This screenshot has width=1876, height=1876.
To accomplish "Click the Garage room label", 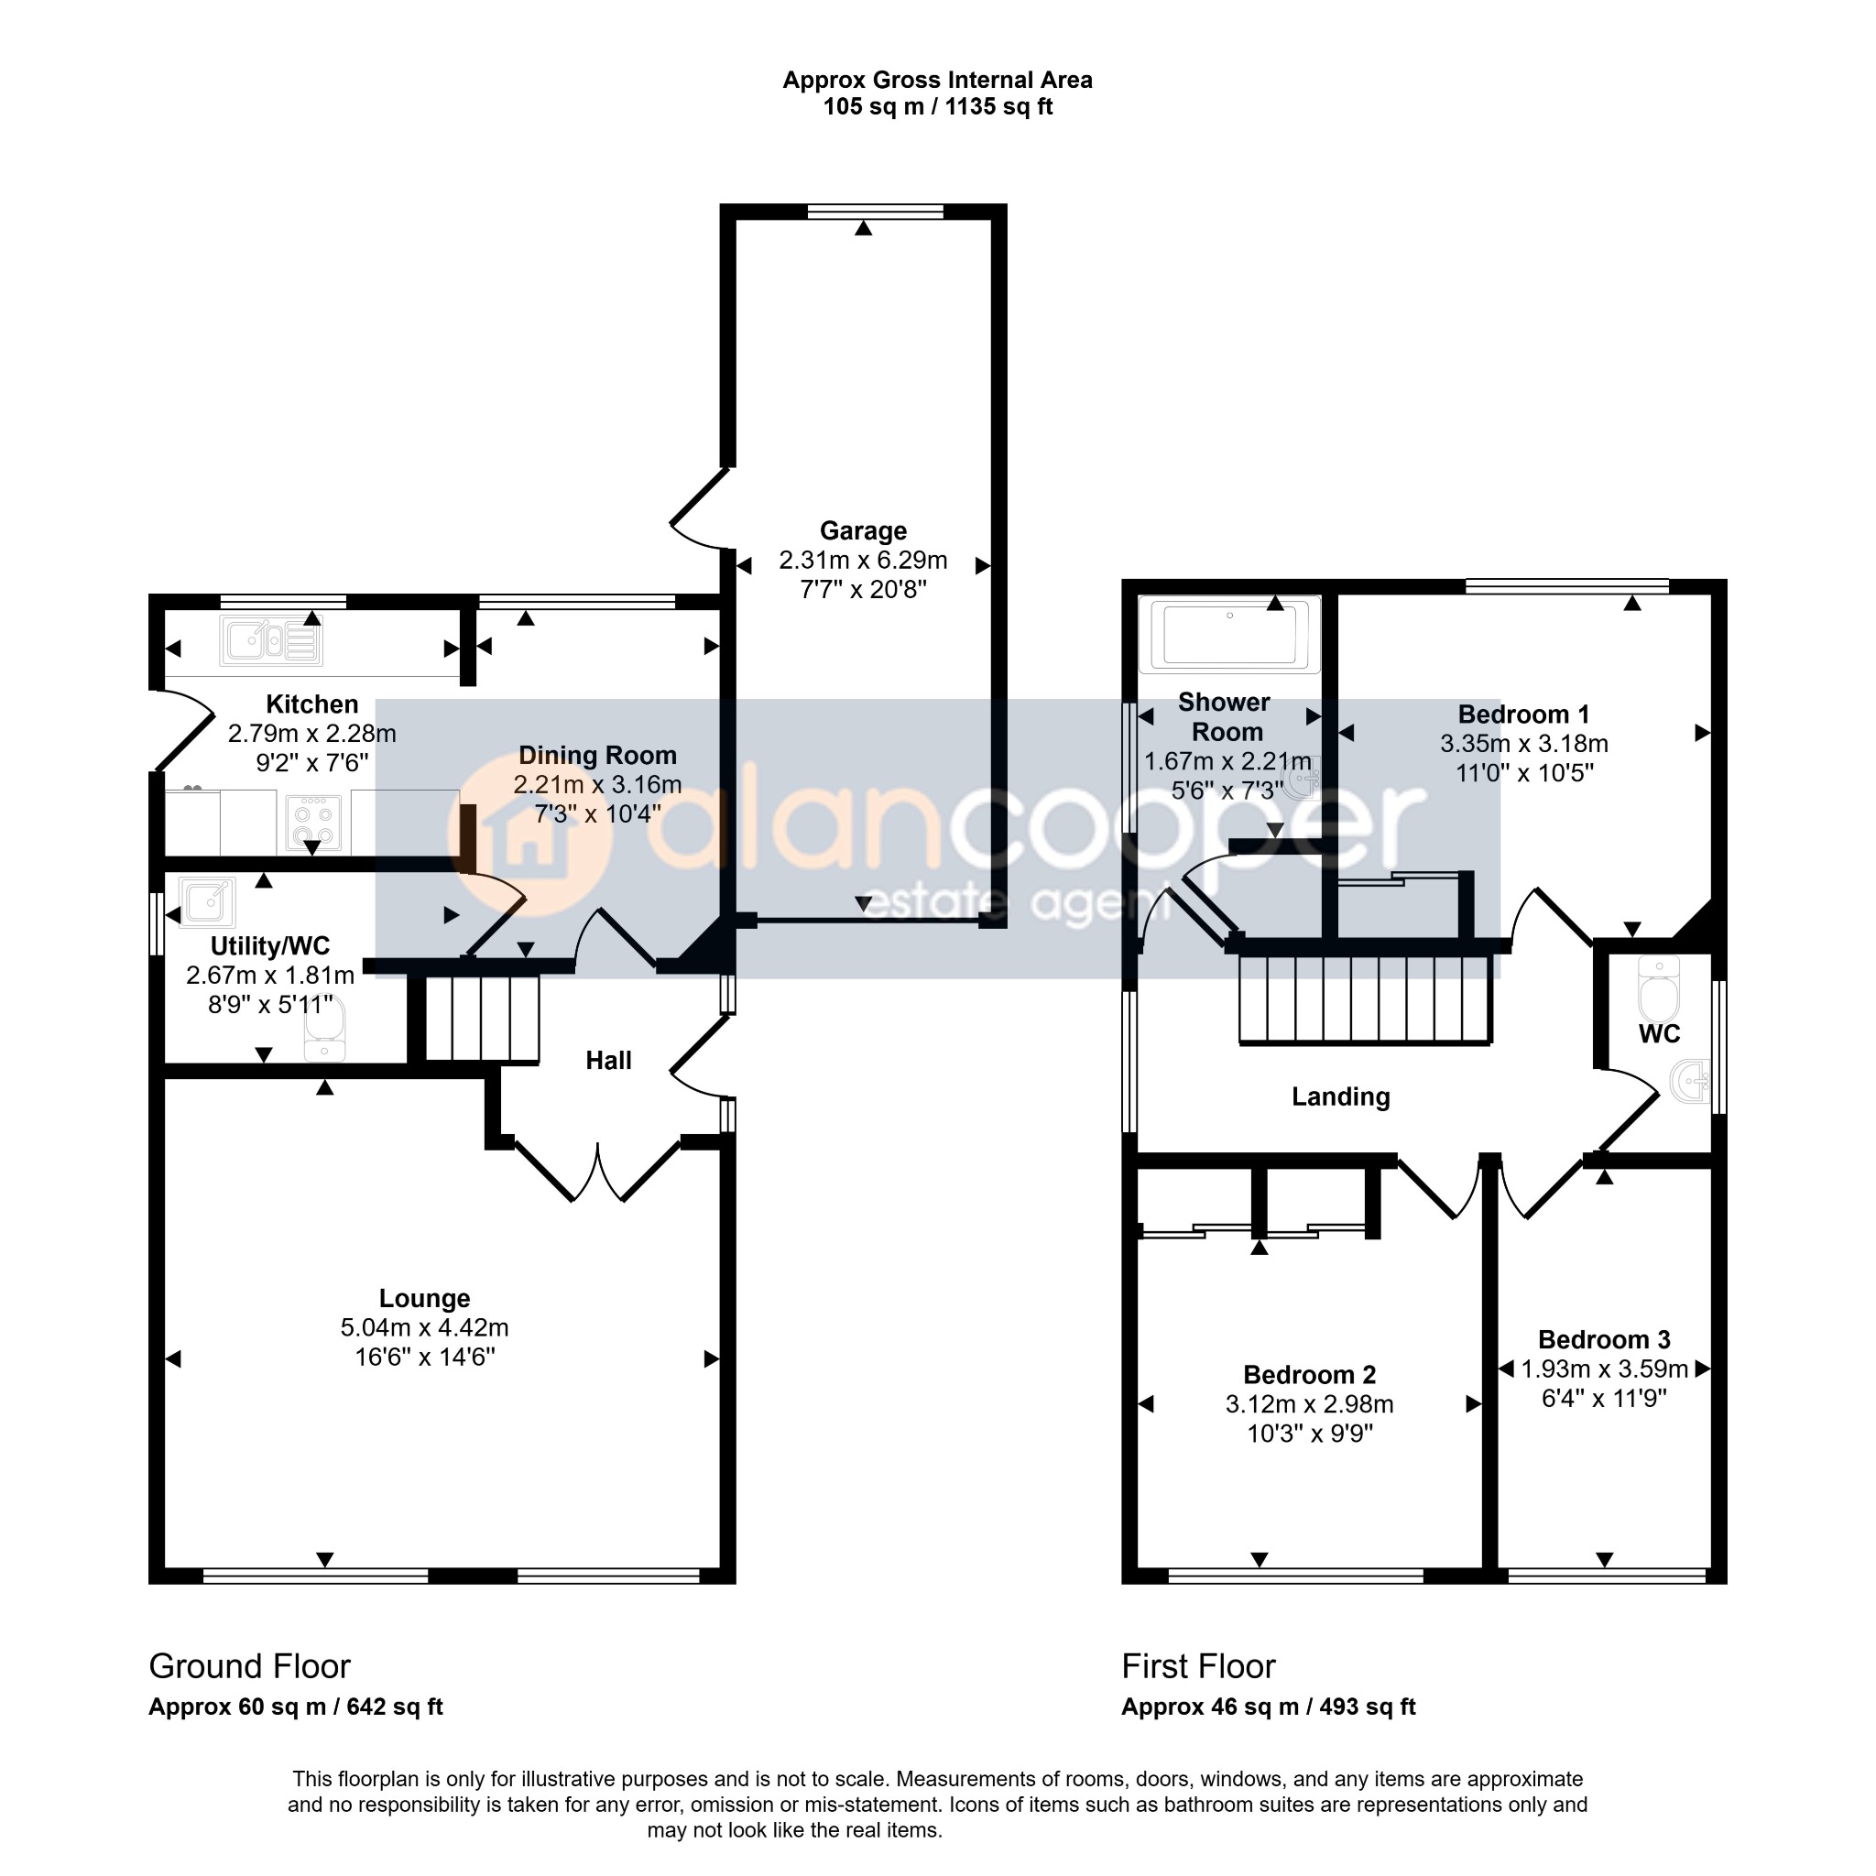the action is pyautogui.click(x=863, y=531).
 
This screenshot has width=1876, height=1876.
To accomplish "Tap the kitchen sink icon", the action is pyautogui.click(x=271, y=641).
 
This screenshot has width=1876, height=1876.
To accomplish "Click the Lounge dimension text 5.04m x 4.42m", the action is pyautogui.click(x=424, y=1327).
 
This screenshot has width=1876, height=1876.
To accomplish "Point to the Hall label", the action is pyautogui.click(x=609, y=1061).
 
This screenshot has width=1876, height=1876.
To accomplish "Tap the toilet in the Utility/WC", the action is pyautogui.click(x=324, y=1030).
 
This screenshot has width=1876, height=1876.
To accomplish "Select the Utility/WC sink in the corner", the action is pyautogui.click(x=207, y=901).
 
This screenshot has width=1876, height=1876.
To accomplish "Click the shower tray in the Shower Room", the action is pyautogui.click(x=1230, y=635).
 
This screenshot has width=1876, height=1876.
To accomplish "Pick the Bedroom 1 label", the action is pyautogui.click(x=1523, y=714).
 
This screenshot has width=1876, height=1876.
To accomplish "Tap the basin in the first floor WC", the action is pyautogui.click(x=1691, y=1081).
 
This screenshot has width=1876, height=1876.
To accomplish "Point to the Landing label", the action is pyautogui.click(x=1341, y=1097).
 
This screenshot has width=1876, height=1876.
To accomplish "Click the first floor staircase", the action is pyautogui.click(x=1365, y=998).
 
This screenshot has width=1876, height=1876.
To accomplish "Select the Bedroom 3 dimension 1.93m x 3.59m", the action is pyautogui.click(x=1604, y=1369).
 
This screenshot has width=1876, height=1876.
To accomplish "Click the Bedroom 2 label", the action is pyautogui.click(x=1310, y=1375).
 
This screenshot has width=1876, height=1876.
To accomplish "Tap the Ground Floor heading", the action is pyautogui.click(x=249, y=1666).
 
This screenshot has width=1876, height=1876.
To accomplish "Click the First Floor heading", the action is pyautogui.click(x=1198, y=1666).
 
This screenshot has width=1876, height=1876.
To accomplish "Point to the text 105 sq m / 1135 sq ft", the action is pyautogui.click(x=938, y=107).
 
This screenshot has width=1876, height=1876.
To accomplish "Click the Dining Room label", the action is pyautogui.click(x=597, y=756).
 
